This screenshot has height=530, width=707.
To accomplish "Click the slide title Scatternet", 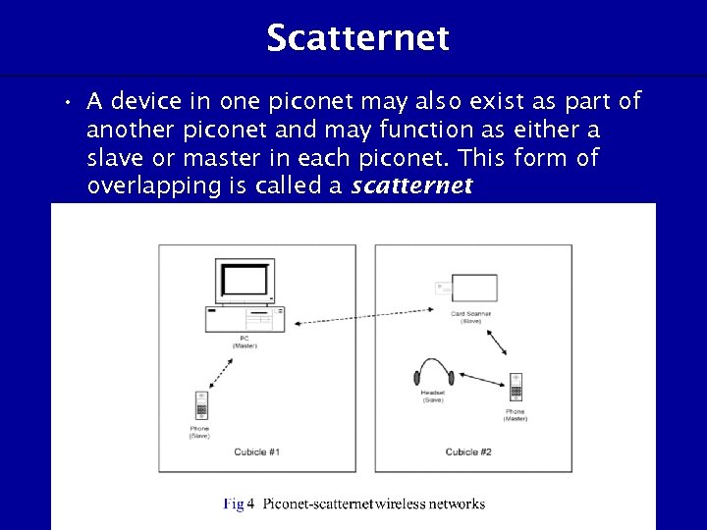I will coord(357,38).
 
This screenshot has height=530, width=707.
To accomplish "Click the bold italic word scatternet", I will coord(412,185).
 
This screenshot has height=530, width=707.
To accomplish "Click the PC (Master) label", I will coord(245,342).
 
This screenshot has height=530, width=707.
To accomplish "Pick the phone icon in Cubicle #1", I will coord(200,404).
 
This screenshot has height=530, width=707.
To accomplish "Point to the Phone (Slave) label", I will coord(199,432).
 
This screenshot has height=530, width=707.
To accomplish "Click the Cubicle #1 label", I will coord(257,452).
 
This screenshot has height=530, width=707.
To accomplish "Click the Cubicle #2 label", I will coord(468,452).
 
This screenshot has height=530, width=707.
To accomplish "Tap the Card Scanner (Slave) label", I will coord(471,318).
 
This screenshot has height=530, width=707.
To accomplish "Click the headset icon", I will coord(433,373).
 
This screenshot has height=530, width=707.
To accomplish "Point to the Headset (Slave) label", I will coord(433,397).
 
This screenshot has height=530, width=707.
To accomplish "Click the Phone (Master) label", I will coord(515,415).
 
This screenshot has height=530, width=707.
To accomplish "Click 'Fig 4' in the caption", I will coord(239,504).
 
